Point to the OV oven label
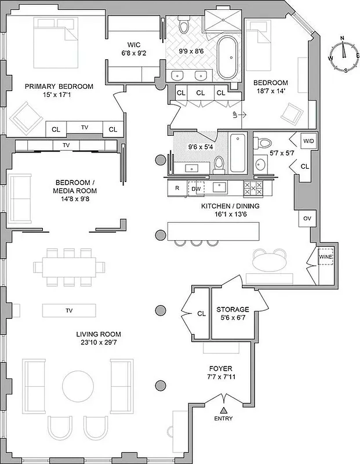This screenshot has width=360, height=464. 307,219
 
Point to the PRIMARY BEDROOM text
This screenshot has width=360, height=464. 59,86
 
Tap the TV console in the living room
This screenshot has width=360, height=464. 69,310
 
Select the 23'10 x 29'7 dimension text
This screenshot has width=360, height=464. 98,343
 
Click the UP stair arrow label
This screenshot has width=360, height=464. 234,115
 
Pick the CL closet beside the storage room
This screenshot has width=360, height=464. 201,313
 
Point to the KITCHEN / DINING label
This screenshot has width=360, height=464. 230,206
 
